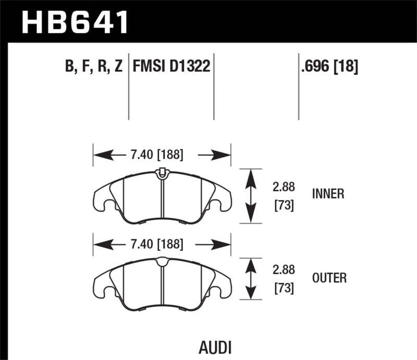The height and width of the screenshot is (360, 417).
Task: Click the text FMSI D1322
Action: tap(171, 66)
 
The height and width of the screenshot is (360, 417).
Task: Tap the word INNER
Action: tap(328, 194)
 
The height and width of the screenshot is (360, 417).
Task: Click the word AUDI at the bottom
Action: tap(215, 347)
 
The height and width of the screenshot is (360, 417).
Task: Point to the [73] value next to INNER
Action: tap(284, 206)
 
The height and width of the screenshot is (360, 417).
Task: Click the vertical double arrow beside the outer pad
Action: tap(251, 279)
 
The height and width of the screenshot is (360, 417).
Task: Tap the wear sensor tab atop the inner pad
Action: tap(162, 171)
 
